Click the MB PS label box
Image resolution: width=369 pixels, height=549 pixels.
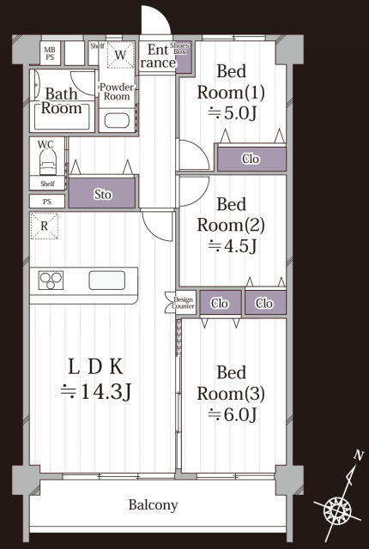point(50,53)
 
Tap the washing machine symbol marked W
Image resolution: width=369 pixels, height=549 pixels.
point(120,55)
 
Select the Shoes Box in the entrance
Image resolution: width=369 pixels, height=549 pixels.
point(183,57)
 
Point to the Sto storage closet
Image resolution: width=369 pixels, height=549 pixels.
point(102,193)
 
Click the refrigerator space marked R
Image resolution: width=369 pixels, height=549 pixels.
point(45,226)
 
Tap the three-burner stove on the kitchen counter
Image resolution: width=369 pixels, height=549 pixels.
point(51,281)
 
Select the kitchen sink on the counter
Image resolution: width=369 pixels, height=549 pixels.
point(106,281)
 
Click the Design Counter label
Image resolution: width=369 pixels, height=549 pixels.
point(183,303)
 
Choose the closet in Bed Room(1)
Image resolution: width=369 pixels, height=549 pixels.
point(251,159)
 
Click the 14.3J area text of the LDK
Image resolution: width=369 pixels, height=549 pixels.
point(95,391)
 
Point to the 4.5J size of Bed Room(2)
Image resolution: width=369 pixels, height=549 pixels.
point(232,246)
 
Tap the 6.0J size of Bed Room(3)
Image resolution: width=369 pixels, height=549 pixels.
point(232,414)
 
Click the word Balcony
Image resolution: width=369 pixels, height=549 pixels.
point(153,505)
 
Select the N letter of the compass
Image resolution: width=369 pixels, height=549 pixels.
point(358,455)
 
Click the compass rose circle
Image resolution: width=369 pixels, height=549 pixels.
point(337,509)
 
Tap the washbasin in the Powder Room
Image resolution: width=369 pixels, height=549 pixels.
point(117,120)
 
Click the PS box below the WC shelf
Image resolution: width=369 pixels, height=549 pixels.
point(47,202)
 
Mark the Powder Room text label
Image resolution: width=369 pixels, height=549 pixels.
point(117,92)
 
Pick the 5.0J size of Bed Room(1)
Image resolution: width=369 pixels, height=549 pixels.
point(232,113)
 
